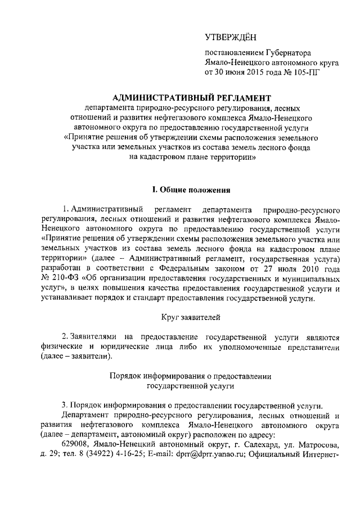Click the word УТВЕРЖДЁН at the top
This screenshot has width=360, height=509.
click(x=230, y=38)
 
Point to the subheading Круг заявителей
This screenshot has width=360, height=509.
click(x=184, y=318)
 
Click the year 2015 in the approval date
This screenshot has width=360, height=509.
click(x=258, y=72)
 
